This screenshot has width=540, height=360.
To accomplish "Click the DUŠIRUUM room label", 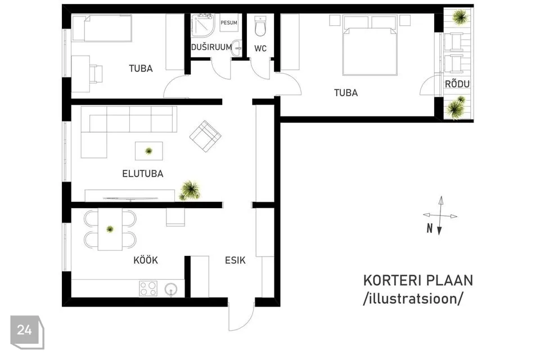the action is (x=211, y=47).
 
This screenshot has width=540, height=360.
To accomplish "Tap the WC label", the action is (x=260, y=48).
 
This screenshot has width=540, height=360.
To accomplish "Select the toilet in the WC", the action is (x=260, y=26).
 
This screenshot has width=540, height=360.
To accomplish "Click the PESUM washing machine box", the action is (x=229, y=22).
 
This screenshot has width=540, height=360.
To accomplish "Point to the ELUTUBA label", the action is (x=142, y=173).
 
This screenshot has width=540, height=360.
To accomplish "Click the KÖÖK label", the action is (x=146, y=260).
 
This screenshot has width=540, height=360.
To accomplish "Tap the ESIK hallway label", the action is (x=235, y=260).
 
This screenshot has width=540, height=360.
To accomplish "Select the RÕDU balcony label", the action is (x=457, y=83).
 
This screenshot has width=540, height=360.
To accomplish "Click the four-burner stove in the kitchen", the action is (x=148, y=289).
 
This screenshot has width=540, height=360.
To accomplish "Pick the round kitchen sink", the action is (x=171, y=289).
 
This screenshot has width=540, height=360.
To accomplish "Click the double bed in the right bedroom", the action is (x=370, y=45).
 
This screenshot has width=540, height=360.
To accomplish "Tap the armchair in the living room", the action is (x=205, y=136).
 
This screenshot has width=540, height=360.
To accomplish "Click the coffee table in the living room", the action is (x=148, y=151).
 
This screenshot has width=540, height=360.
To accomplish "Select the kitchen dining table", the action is (x=110, y=229).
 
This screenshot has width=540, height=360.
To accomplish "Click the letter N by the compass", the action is (x=429, y=228).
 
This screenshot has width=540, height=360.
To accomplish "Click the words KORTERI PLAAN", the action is (x=418, y=281).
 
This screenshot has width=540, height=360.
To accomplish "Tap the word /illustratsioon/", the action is (x=413, y=298).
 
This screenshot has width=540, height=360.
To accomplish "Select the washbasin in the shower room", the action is (x=237, y=48).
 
